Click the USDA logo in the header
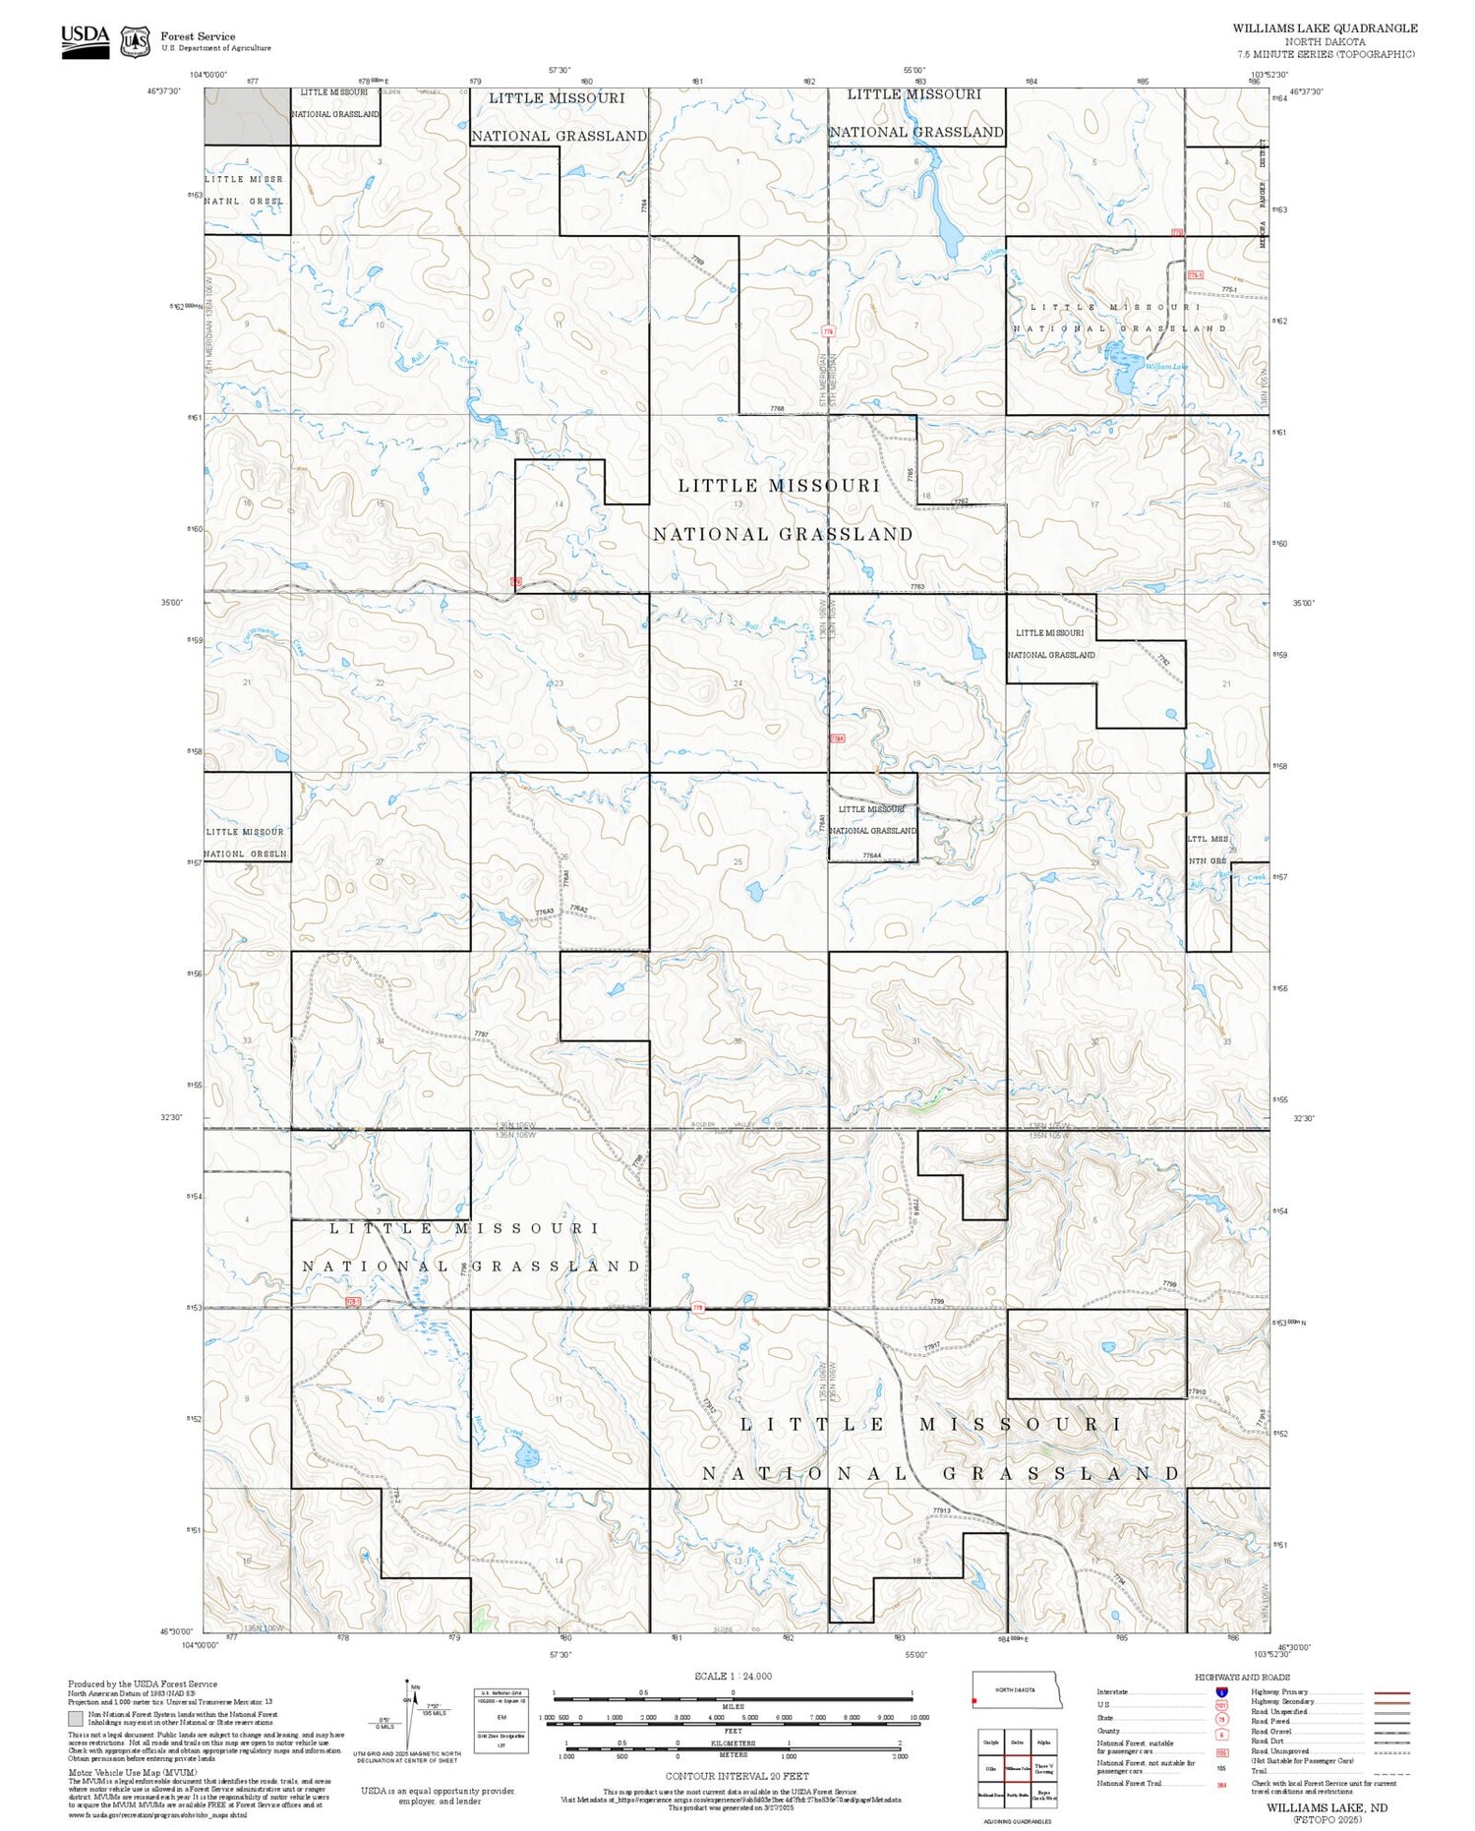(x=86, y=40)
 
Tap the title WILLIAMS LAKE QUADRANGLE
(x=1325, y=29)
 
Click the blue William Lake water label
(x=1166, y=366)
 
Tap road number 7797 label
(x=481, y=1034)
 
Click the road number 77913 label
(x=941, y=1510)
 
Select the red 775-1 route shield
(x=1195, y=275)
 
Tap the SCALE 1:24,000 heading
(x=733, y=1676)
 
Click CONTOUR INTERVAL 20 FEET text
(x=737, y=1776)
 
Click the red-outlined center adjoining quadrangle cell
(x=1018, y=1768)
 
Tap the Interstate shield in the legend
(x=1220, y=1691)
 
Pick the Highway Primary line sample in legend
(x=1388, y=1692)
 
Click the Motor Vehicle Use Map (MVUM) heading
(x=121, y=1772)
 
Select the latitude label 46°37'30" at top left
(x=164, y=91)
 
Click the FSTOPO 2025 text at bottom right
(x=1327, y=1819)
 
